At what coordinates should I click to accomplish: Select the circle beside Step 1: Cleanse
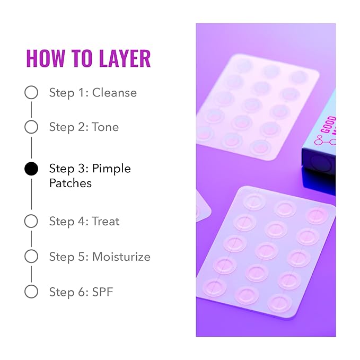click(31, 93)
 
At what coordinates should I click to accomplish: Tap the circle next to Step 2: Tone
click(31, 127)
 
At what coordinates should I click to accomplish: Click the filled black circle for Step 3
click(31, 169)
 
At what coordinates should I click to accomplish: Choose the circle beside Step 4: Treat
click(31, 221)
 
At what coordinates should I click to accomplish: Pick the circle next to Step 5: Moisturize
click(31, 257)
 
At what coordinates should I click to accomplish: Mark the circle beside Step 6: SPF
click(31, 292)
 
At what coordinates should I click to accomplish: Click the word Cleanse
click(115, 93)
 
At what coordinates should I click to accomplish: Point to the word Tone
click(106, 127)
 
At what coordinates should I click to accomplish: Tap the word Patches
click(71, 183)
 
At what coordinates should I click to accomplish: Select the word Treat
click(106, 221)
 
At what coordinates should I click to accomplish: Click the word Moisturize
click(121, 257)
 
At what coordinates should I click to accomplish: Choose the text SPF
click(103, 292)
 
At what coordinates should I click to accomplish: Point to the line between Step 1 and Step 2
click(31, 110)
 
